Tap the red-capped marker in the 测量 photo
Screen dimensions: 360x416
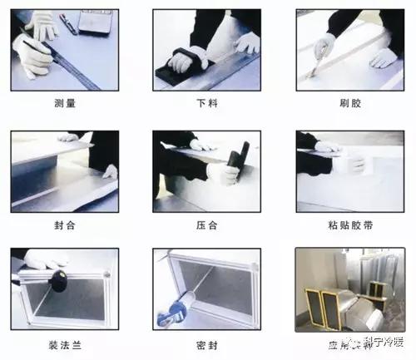point(68,25)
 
